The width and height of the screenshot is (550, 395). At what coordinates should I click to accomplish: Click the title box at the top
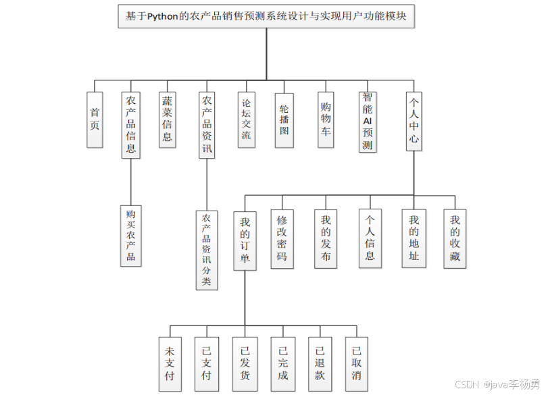click(266, 16)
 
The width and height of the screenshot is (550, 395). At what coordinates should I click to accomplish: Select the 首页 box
click(95, 120)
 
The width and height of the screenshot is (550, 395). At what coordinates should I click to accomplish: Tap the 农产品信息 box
click(131, 125)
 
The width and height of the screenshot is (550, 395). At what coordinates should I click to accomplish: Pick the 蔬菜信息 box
click(168, 120)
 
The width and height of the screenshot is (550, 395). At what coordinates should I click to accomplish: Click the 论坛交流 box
click(247, 120)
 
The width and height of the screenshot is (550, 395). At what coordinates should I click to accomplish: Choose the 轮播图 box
click(284, 120)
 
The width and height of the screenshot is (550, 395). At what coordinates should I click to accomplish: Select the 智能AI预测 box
click(368, 122)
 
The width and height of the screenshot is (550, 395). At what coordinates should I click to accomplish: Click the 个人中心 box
click(414, 122)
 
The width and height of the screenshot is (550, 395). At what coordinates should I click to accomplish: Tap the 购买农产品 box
click(131, 236)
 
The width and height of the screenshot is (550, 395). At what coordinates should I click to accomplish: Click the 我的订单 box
click(245, 242)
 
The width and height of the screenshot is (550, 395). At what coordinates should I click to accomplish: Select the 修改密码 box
click(282, 238)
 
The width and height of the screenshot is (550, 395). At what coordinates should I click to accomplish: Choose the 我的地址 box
click(414, 238)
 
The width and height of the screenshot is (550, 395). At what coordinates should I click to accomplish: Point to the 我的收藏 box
click(455, 238)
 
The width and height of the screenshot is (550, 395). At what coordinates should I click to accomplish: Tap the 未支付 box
click(169, 363)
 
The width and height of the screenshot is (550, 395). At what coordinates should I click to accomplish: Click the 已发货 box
click(245, 363)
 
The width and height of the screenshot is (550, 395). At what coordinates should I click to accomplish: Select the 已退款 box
click(320, 363)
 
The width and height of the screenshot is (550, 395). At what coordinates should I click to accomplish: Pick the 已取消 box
click(357, 363)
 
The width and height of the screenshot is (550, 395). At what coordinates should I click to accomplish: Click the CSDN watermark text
click(497, 384)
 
